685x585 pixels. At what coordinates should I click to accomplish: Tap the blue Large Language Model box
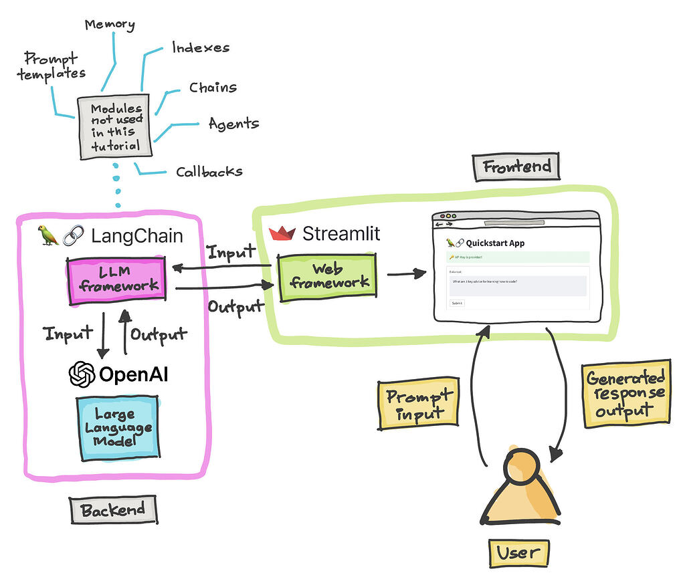pos(114,428)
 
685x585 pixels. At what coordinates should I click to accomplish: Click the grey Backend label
pos(113,511)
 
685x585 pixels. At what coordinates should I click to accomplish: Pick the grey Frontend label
pos(516,166)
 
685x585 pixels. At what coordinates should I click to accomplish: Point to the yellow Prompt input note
pos(418,404)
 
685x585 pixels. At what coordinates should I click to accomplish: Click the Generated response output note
pos(625,394)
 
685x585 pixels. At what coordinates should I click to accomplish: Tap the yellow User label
pos(518,552)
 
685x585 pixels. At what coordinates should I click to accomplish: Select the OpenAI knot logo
pos(82,374)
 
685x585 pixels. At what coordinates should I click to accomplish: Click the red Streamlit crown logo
pos(282,233)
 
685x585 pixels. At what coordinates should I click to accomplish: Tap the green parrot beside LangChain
pos(47,235)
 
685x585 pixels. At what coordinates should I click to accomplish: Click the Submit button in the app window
pos(457,303)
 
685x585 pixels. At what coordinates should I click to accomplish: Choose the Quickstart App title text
pos(495,243)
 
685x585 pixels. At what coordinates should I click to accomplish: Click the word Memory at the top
pos(109,25)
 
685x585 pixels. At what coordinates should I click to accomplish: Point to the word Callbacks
pos(209,172)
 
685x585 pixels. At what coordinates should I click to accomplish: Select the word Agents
pos(233,124)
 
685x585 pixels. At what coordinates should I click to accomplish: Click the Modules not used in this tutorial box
pos(116,127)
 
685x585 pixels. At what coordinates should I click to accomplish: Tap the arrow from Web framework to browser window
pos(407,273)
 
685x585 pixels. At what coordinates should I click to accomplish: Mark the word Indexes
pos(201,47)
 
